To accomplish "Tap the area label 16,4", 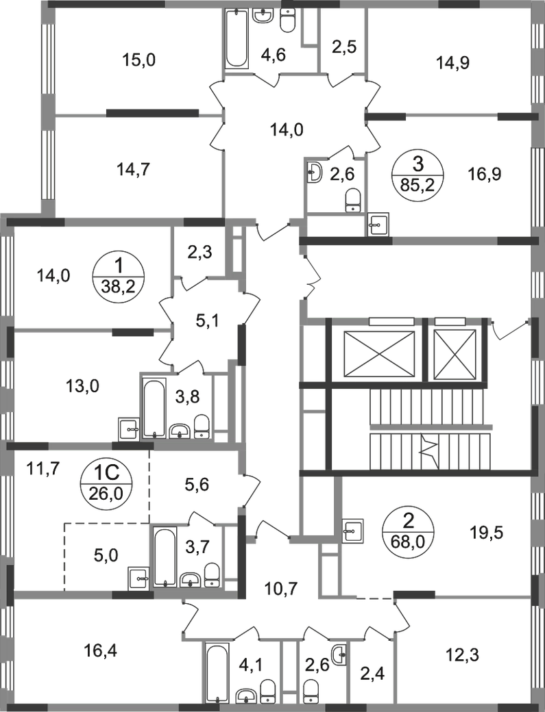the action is (x=101, y=651).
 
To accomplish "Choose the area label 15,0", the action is (x=139, y=60).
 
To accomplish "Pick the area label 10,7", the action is (x=281, y=589).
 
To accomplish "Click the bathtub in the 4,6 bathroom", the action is (x=237, y=38).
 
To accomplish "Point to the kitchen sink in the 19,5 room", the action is (x=352, y=530).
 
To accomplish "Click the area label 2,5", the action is (x=343, y=47).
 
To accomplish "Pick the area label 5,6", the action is (x=197, y=485).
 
